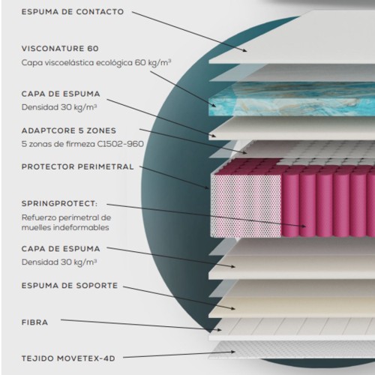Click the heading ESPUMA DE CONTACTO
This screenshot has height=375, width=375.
pyautogui.click(x=73, y=12)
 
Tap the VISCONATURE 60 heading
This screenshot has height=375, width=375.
pyautogui.click(x=60, y=49)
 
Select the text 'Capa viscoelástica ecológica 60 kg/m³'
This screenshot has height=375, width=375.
pyautogui.click(x=96, y=62)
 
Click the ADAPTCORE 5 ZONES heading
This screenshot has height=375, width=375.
pyautogui.click(x=69, y=130)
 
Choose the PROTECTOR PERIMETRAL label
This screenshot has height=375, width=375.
pyautogui.click(x=77, y=166)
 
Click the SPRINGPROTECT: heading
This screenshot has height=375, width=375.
pyautogui.click(x=59, y=203)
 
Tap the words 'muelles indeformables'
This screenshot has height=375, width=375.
pyautogui.click(x=65, y=227)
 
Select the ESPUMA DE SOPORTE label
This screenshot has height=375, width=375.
pyautogui.click(x=70, y=286)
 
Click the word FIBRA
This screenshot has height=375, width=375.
pyautogui.click(x=34, y=322)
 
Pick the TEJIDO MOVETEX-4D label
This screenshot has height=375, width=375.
pyautogui.click(x=68, y=358)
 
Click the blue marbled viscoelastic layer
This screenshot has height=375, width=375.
pyautogui.click(x=292, y=99)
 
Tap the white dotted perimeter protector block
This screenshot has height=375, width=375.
pyautogui.click(x=246, y=205)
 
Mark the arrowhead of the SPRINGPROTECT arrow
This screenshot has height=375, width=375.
pyautogui.click(x=304, y=226)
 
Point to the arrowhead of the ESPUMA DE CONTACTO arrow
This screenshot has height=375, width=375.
pyautogui.click(x=245, y=50)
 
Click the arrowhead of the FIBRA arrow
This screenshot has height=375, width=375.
pyautogui.click(x=220, y=330)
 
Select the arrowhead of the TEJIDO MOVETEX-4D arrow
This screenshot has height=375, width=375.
pyautogui.click(x=233, y=352)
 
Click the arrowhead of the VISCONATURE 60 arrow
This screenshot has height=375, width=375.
pyautogui.click(x=214, y=106)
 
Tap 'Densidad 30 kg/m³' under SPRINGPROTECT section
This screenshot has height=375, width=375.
pyautogui.click(x=59, y=262)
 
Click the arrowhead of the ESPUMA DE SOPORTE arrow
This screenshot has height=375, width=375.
pyautogui.click(x=233, y=309)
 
